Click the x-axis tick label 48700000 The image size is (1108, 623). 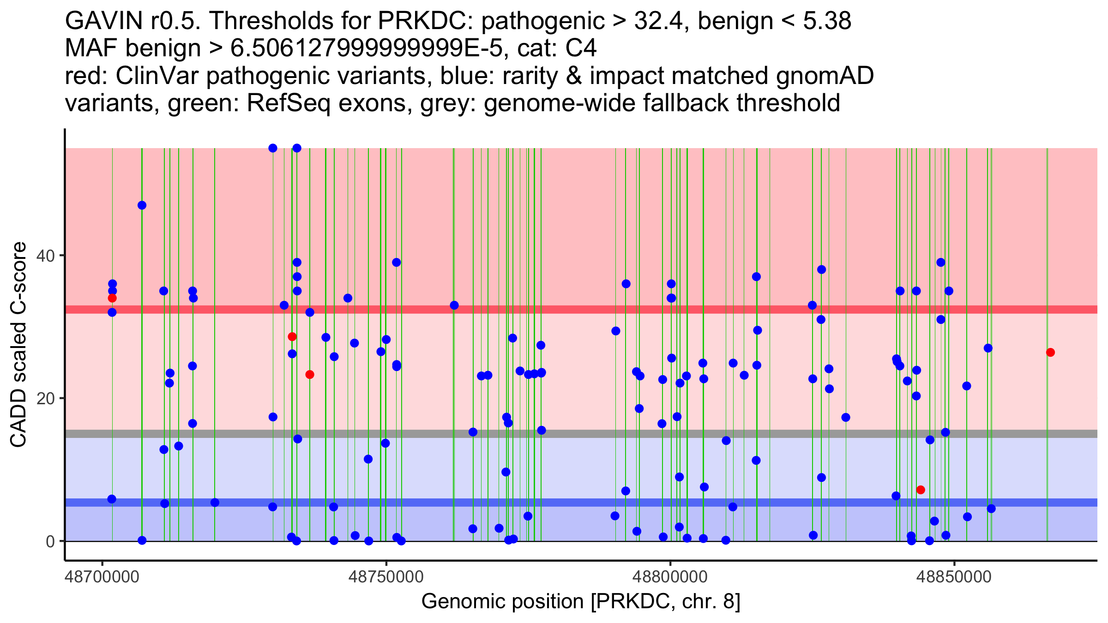[x=102, y=577]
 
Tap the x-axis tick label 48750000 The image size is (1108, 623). [x=386, y=577]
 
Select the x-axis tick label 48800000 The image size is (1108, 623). [x=670, y=577]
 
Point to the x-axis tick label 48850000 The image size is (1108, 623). [x=954, y=577]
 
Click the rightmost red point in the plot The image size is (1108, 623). [x=1050, y=353]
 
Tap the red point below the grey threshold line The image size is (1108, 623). [x=921, y=490]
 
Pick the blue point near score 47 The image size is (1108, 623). [x=142, y=205]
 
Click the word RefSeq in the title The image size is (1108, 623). [x=289, y=103]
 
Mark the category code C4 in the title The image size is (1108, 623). [x=581, y=48]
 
